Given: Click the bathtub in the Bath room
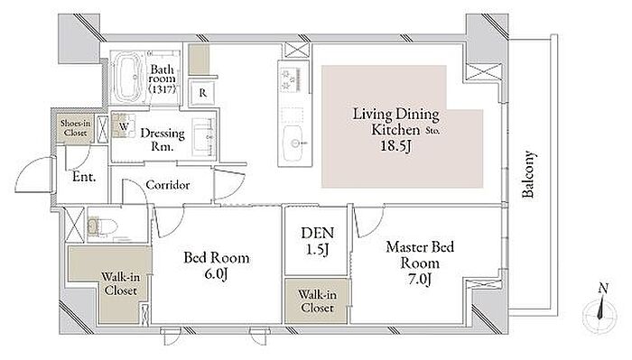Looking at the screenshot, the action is pos(128,78).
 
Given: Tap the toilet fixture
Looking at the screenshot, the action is pos(102,226).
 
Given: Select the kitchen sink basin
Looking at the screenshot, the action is pos(293,143).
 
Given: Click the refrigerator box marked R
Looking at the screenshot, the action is pos(203,93).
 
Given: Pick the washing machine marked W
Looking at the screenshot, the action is pos(123,125).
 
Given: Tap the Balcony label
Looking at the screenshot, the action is pos(528,174).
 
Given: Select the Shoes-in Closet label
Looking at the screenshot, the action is pos(75,127).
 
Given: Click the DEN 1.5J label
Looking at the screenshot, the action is pos(317,241).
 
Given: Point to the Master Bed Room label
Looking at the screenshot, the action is pos(420,254).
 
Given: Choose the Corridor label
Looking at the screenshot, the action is pos(168,185).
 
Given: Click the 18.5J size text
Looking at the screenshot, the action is pos(395,145).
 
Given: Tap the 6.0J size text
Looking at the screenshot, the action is pos(217,274).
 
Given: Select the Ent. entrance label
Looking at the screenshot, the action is pos(84,176).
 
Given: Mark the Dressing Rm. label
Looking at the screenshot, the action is pos(163,139).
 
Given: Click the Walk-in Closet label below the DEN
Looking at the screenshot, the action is pos(317,301).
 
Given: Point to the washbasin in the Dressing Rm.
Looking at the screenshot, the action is pos(204,137).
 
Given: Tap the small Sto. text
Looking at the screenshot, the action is pos(433,131).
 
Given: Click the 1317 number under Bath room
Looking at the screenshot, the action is pos(162,89).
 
